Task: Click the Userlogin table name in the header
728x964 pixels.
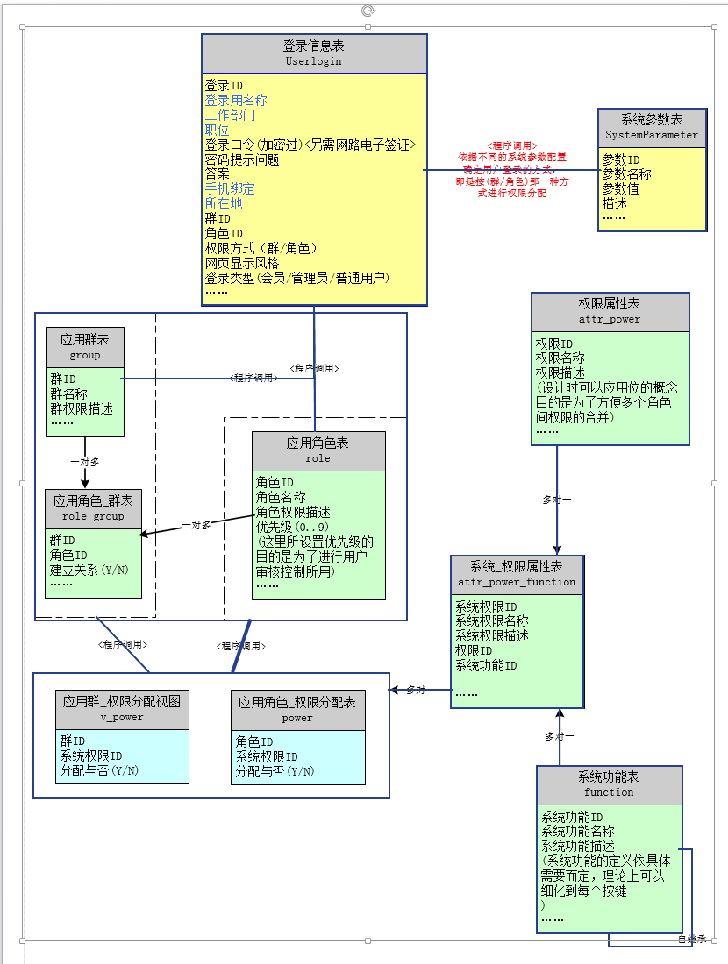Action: click(x=313, y=61)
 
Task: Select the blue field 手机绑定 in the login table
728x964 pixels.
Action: click(x=230, y=188)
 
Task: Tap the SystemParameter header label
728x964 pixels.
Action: click(x=652, y=135)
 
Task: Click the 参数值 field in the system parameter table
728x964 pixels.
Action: click(x=620, y=188)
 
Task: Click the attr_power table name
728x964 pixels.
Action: click(x=610, y=319)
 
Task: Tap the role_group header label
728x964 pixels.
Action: click(x=93, y=516)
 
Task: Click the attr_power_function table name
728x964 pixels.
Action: click(x=517, y=581)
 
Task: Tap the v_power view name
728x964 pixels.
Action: click(x=122, y=717)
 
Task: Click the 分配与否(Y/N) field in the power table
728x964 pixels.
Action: click(x=275, y=771)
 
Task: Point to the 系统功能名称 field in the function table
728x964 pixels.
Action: click(x=578, y=832)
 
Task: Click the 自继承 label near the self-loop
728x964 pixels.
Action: click(x=691, y=939)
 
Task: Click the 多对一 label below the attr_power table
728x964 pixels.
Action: click(x=557, y=500)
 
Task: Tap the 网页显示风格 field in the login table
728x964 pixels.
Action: click(x=242, y=263)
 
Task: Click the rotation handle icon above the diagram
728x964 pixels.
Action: click(x=368, y=11)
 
